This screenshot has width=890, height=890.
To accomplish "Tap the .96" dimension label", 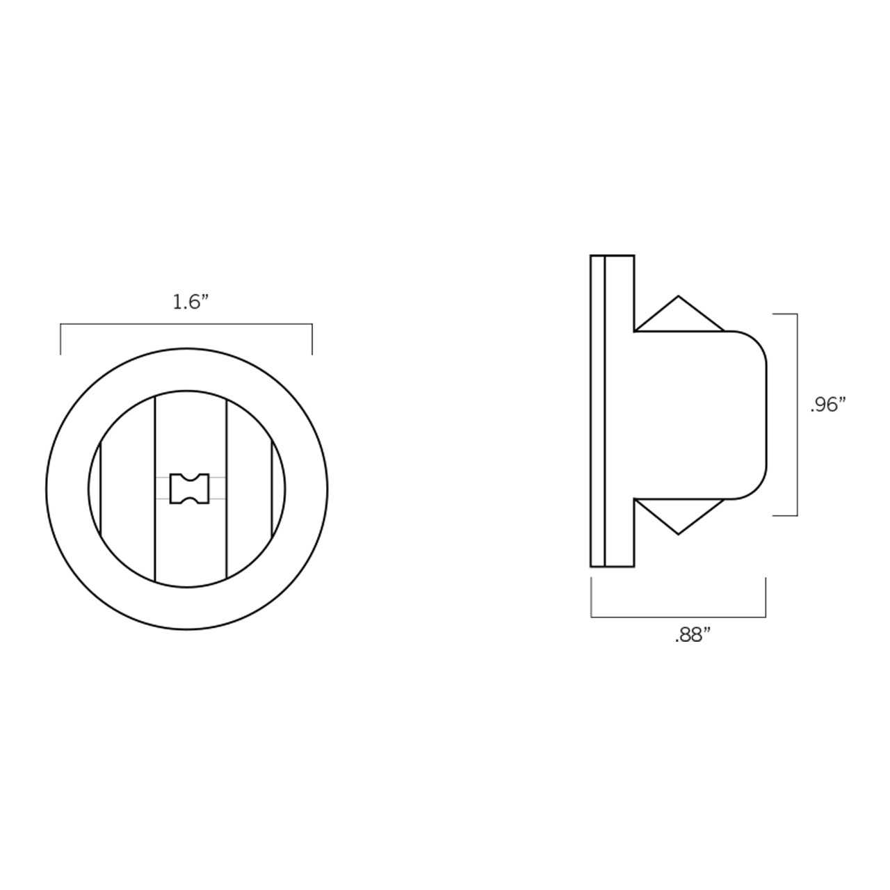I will tap(827, 405).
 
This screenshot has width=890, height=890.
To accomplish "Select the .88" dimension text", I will tap(692, 636).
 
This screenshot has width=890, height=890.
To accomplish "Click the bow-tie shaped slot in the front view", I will tap(189, 487).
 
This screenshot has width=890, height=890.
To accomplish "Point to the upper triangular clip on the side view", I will tap(679, 316).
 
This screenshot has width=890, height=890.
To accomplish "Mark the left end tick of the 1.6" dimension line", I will tap(60, 339).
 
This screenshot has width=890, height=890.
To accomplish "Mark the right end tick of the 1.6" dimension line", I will tap(312, 339).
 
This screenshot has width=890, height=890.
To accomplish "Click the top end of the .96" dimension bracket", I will tap(786, 314).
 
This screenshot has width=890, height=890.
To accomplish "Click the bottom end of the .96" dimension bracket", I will tap(786, 515).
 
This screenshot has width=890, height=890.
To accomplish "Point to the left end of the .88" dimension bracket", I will tap(592, 598).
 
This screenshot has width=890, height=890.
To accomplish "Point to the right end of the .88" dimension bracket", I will tap(766, 598).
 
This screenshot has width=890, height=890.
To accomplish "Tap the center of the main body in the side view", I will tap(699, 415).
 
